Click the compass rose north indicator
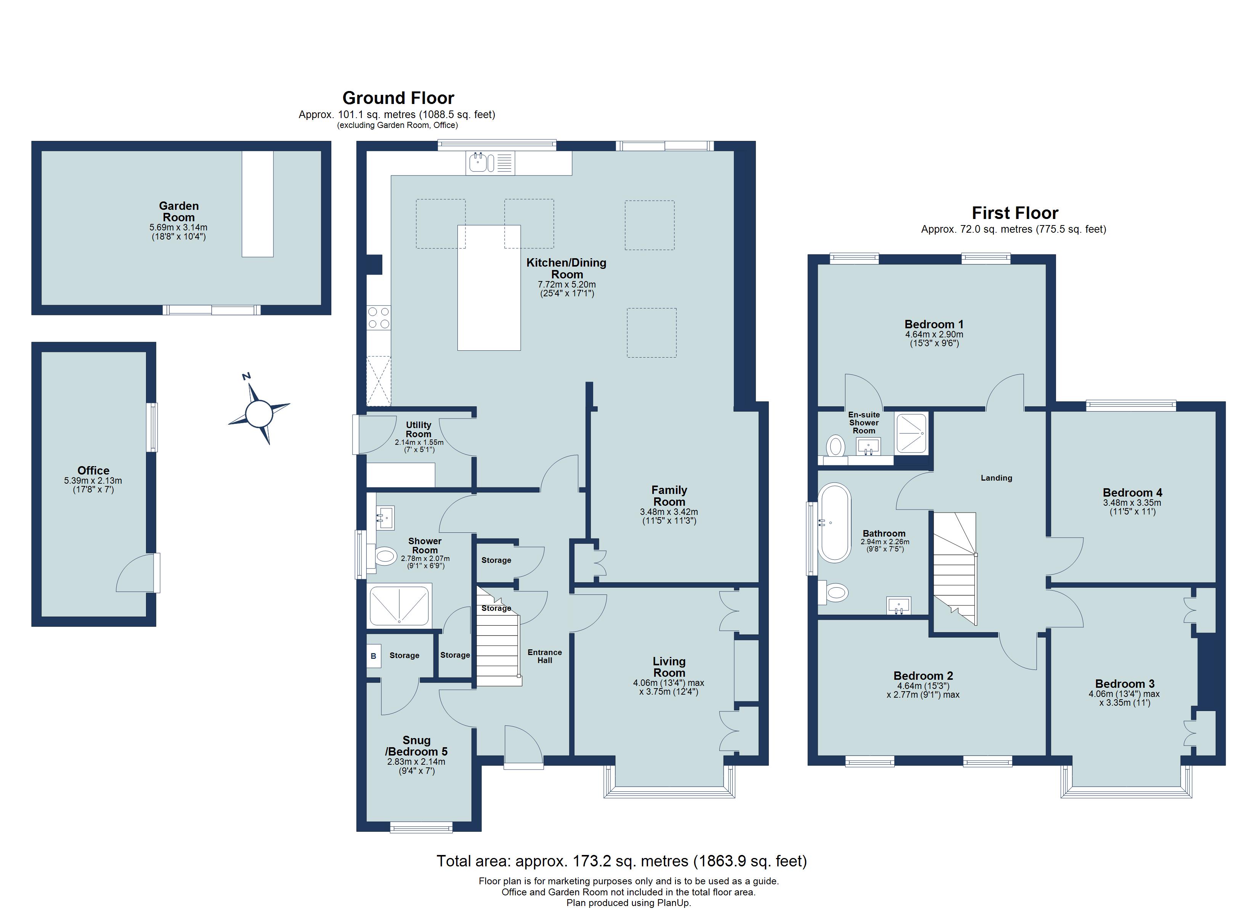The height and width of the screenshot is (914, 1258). [x=246, y=376]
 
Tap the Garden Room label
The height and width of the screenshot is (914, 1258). [x=179, y=212]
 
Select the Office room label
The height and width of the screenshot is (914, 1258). [x=93, y=470]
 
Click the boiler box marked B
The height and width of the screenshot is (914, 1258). [x=373, y=656]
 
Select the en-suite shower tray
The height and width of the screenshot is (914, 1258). [x=911, y=433]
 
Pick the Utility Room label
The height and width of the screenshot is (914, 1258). [x=418, y=430]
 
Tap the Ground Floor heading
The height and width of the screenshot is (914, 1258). [x=398, y=98]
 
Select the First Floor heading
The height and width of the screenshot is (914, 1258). [x=1015, y=213]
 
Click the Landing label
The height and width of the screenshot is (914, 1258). [x=996, y=478]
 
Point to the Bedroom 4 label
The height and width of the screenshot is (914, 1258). [x=1132, y=492]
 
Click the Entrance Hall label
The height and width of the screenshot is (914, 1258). [x=545, y=656]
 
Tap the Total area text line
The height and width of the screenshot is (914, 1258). [x=621, y=861]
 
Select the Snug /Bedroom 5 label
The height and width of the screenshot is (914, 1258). [x=416, y=746]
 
